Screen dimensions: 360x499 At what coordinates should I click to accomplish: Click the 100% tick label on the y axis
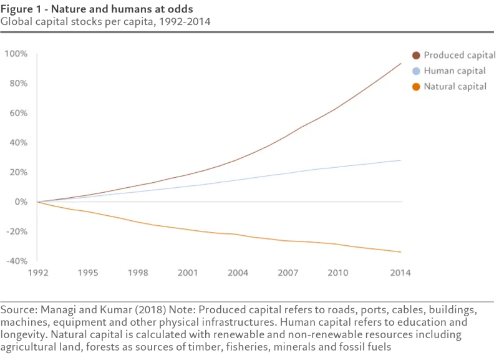coord(16,54)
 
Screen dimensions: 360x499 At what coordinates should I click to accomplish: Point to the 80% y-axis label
coord(19,84)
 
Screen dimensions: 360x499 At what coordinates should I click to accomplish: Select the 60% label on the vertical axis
coord(19,113)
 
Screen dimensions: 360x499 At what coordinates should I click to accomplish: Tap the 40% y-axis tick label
coord(19,143)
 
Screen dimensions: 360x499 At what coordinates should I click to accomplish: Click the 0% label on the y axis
coord(21,202)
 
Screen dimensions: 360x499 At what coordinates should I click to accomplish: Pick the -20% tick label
coord(17,231)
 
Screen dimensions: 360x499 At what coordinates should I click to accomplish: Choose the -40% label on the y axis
coord(17,261)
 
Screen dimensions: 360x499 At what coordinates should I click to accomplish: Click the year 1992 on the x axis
coord(37,273)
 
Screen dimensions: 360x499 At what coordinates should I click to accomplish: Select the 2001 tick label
coord(188,273)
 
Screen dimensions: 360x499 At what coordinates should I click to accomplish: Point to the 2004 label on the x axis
coord(238,273)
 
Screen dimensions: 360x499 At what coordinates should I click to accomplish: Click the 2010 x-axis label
coord(337,273)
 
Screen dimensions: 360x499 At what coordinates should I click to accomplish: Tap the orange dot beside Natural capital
coord(417,87)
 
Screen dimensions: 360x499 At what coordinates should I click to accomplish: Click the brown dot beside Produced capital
coord(417,56)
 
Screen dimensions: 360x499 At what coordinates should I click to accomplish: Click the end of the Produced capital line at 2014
coord(400,64)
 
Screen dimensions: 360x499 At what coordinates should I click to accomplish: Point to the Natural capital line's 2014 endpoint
coord(400,252)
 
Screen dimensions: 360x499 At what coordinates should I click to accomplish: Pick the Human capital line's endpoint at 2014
coord(400,160)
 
